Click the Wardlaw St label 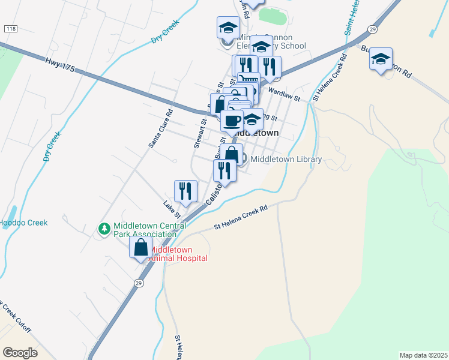coord(285,94)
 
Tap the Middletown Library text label coord(286,159)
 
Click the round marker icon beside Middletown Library coord(243,158)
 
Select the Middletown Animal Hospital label coord(178,254)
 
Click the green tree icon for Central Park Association coord(104,229)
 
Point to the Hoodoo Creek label coord(23,223)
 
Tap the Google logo coord(20,353)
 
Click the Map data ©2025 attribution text coord(423,355)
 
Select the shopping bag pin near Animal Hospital coord(140,248)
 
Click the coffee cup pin coord(232,121)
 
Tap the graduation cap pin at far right coord(381,58)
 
